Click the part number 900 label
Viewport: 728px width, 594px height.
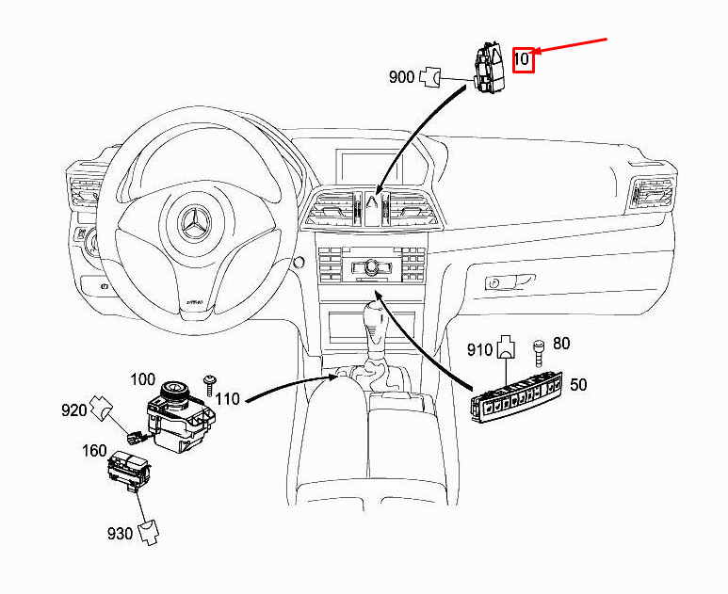click(401, 77)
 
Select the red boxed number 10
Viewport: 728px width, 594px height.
click(524, 59)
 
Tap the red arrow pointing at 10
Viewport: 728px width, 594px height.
click(574, 48)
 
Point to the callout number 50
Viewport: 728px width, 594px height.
click(578, 385)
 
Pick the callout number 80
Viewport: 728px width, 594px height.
click(561, 344)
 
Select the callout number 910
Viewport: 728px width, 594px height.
click(480, 350)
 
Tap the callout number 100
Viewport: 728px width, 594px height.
click(142, 380)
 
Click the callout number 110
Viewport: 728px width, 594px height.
click(227, 399)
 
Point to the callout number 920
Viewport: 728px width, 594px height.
click(75, 409)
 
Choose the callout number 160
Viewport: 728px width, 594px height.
click(94, 451)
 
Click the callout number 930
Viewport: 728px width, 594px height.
click(120, 534)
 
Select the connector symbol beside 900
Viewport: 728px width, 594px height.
click(432, 75)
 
